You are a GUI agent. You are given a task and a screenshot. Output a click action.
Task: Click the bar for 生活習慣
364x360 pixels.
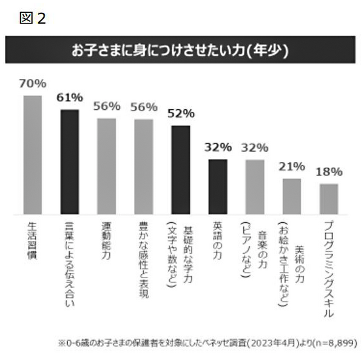32,155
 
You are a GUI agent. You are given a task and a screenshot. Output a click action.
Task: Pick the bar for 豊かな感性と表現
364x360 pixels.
143,166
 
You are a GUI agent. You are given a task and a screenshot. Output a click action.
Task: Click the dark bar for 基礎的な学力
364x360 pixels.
181,169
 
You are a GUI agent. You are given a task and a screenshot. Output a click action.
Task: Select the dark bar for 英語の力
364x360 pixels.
218,186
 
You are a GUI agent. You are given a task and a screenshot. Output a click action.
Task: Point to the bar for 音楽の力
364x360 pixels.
255,186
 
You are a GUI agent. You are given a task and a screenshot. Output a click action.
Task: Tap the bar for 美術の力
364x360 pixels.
292,196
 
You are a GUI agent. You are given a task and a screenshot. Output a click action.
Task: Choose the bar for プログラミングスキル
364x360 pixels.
329,199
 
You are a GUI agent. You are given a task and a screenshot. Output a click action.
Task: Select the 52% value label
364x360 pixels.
181,114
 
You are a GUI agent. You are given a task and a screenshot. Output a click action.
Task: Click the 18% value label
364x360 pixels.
329,172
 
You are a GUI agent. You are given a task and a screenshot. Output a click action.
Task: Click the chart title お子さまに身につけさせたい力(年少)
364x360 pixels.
180,49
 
